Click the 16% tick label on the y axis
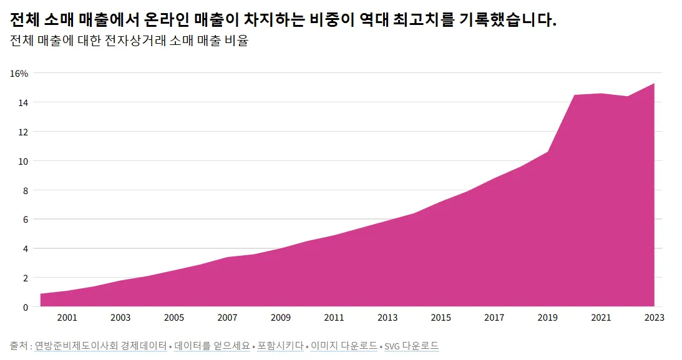(x=19, y=73)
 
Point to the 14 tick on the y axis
(x=23, y=102)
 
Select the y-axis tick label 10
(x=23, y=161)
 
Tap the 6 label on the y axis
(x=26, y=220)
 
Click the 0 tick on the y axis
(x=26, y=307)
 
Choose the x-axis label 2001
(x=67, y=318)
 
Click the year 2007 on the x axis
(x=227, y=318)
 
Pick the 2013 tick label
(x=387, y=318)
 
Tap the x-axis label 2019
(x=548, y=318)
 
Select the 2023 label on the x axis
(x=654, y=318)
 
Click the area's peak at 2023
(x=654, y=84)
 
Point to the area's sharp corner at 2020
(x=574, y=95)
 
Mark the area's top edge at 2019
(x=548, y=152)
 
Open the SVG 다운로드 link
(x=411, y=346)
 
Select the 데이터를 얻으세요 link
(x=212, y=346)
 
